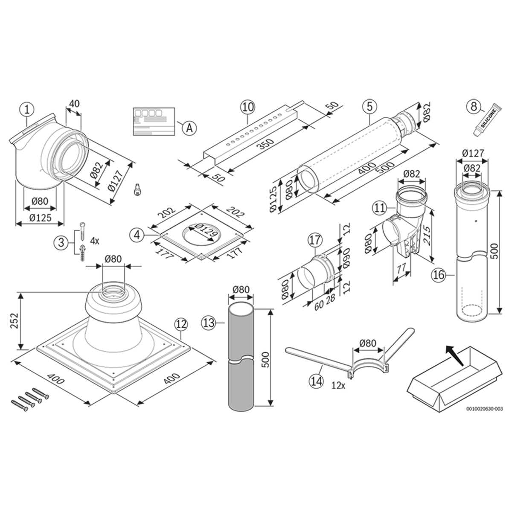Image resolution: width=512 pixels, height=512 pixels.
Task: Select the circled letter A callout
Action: tap(189, 128)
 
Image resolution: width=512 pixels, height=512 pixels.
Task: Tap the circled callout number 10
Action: tap(247, 108)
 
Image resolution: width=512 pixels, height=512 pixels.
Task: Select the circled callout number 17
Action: tap(315, 240)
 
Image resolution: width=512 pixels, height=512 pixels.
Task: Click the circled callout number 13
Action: tap(209, 323)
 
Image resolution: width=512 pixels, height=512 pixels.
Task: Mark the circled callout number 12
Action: tap(181, 324)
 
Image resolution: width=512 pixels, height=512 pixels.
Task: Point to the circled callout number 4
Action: tap(137, 236)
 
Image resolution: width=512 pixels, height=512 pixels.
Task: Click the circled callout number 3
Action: tap(61, 243)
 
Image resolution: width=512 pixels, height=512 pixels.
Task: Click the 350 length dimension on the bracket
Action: tap(266, 144)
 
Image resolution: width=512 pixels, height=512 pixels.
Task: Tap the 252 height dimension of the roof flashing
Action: tap(15, 321)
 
